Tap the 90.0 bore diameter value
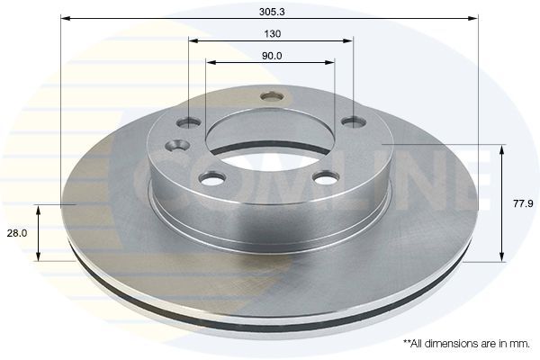[271, 55]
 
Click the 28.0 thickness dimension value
[17, 232]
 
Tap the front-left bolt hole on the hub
[211, 178]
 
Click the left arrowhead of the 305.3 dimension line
[65, 18]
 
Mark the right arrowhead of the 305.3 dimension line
[473, 18]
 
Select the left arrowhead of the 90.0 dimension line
[211, 62]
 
